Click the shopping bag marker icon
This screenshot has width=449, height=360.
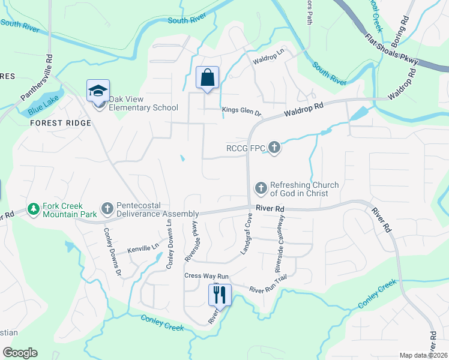(207, 77)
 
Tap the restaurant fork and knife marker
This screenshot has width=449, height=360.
(219, 295)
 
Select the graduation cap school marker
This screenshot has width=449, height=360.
(98, 91)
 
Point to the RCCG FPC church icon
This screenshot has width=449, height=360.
(274, 146)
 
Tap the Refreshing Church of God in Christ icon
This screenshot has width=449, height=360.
(261, 188)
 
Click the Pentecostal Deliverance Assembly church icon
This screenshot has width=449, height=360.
(107, 208)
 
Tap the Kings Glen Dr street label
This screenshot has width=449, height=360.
(242, 112)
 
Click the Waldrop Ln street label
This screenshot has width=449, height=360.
(268, 61)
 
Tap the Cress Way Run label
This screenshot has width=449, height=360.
(207, 276)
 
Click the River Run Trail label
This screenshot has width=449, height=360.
(270, 289)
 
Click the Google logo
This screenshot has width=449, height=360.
(20, 352)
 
